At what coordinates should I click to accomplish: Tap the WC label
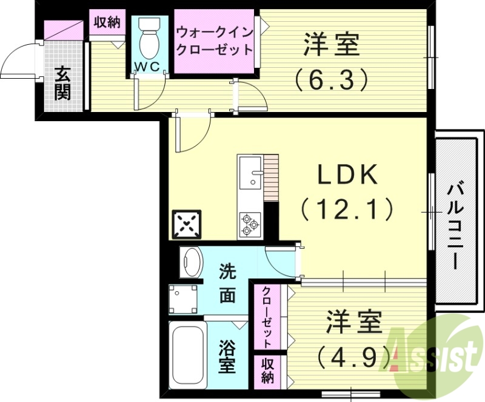pos(147,67)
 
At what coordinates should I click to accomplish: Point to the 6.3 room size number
pos(331,78)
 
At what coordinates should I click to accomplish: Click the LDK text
pos(347,175)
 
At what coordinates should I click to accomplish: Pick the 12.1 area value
pos(347,209)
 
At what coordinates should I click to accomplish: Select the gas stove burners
pos(250,223)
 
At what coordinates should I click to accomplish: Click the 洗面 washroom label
pos(227,283)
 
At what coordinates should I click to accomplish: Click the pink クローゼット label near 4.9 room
pos(267,317)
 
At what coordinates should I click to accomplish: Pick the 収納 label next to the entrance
pos(107,23)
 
